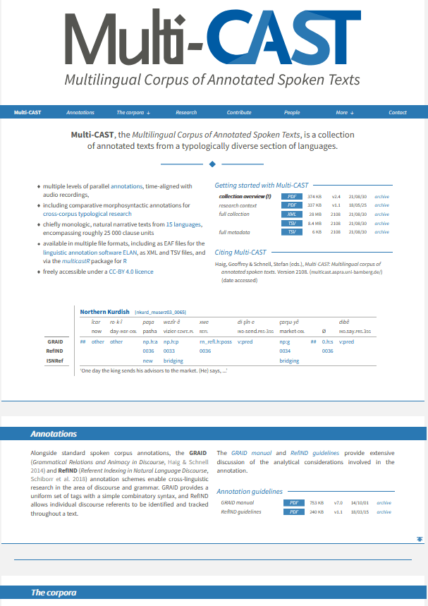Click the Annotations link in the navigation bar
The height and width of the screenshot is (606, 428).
(80, 113)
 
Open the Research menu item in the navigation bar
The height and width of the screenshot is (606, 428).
(186, 113)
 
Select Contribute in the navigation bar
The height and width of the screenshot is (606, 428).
(239, 113)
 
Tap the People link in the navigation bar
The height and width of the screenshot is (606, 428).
(292, 113)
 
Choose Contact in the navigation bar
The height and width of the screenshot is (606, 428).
(398, 113)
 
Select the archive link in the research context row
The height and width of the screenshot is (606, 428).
(381, 205)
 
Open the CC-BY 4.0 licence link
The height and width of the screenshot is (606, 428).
(136, 272)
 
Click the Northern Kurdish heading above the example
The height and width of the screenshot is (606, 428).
(104, 311)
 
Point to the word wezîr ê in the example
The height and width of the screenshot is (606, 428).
(173, 321)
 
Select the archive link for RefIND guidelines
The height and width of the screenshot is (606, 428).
(384, 512)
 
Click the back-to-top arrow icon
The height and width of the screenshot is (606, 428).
(420, 539)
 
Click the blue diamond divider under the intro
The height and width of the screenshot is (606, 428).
(212, 164)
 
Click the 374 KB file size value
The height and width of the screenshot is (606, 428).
(314, 196)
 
